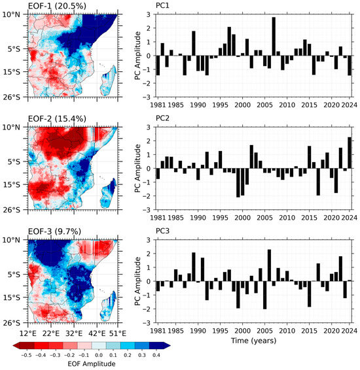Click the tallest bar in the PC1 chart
274,37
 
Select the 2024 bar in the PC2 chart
350,153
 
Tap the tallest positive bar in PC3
269,265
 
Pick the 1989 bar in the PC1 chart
194,43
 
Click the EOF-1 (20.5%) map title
57,6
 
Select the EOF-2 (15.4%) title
57,118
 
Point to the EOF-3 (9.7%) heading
54,231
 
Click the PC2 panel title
162,118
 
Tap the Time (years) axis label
253,341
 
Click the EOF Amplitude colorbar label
92,363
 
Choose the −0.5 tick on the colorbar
26,355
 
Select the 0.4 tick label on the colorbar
156,355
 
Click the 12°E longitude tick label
28,333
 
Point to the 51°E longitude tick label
118,333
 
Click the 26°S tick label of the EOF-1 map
11,97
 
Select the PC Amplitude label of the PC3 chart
137,281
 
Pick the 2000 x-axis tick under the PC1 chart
242,105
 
